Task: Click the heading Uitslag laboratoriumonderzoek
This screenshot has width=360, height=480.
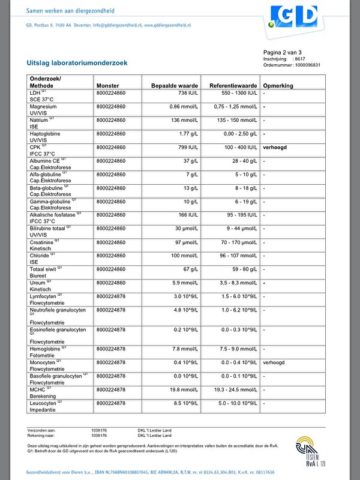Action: click(x=77, y=62)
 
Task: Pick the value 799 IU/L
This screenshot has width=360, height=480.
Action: click(x=188, y=146)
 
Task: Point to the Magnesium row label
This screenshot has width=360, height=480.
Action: click(x=43, y=107)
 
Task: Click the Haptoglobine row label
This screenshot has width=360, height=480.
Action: click(x=46, y=133)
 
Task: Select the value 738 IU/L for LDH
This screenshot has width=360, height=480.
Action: click(x=188, y=94)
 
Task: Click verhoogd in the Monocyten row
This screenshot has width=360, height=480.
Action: click(x=274, y=362)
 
